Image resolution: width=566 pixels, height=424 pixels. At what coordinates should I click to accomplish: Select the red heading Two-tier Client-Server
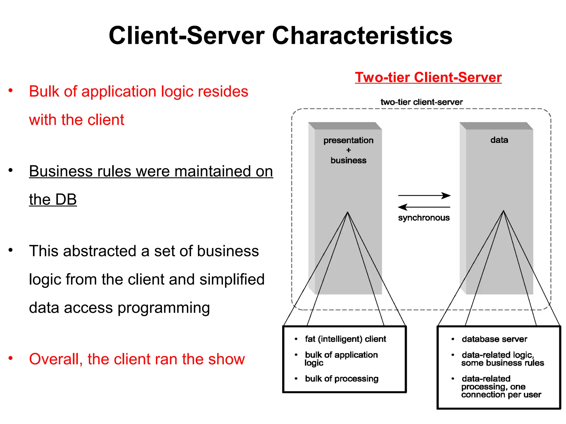click(x=428, y=77)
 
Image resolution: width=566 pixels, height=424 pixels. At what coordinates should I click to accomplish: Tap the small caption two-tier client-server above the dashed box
click(x=421, y=102)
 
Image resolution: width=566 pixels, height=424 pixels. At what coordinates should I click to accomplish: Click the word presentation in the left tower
click(x=348, y=141)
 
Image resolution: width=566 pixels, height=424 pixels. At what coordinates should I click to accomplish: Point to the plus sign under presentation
click(x=348, y=150)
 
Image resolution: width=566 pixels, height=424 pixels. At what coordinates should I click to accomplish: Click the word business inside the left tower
click(x=348, y=160)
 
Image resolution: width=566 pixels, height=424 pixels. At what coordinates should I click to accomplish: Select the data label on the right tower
click(x=499, y=140)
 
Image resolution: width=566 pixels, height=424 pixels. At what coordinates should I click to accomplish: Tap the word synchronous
click(x=424, y=218)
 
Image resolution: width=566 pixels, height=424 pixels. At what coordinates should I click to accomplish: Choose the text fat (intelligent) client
click(x=345, y=339)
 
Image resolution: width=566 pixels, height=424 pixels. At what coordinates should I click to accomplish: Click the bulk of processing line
click(x=342, y=379)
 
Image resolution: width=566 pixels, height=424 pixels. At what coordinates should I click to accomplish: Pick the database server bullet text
click(x=494, y=339)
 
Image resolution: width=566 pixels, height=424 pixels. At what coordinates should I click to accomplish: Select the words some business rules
click(x=502, y=363)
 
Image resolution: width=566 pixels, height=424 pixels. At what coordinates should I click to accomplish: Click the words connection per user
click(x=501, y=395)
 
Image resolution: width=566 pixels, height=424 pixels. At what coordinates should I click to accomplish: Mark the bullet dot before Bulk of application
click(x=11, y=91)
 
